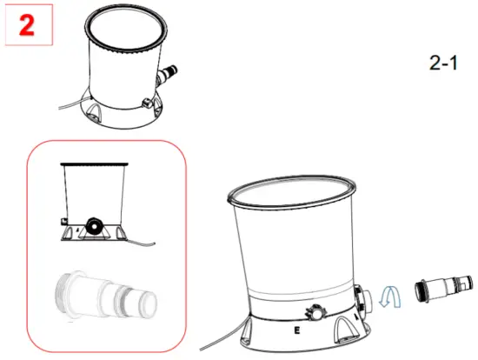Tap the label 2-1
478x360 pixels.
(x=443, y=63)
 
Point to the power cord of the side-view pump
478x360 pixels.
(x=143, y=242)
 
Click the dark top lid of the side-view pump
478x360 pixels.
(x=96, y=164)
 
